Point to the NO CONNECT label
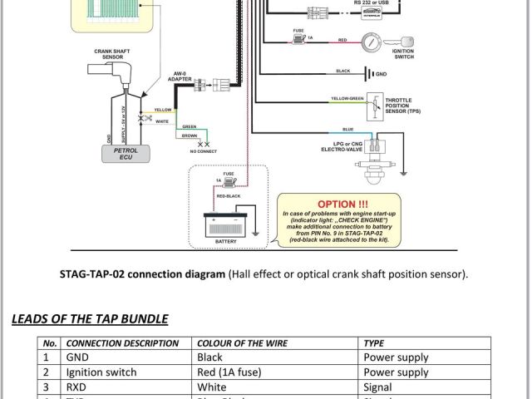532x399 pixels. [201, 152]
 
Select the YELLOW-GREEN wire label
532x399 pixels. [347, 98]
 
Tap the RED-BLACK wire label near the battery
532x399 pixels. [229, 194]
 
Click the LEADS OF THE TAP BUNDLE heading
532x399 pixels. [90, 318]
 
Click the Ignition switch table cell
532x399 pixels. [101, 372]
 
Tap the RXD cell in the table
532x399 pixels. [79, 387]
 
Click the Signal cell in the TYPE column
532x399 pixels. [380, 387]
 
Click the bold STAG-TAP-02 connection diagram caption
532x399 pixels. [142, 273]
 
